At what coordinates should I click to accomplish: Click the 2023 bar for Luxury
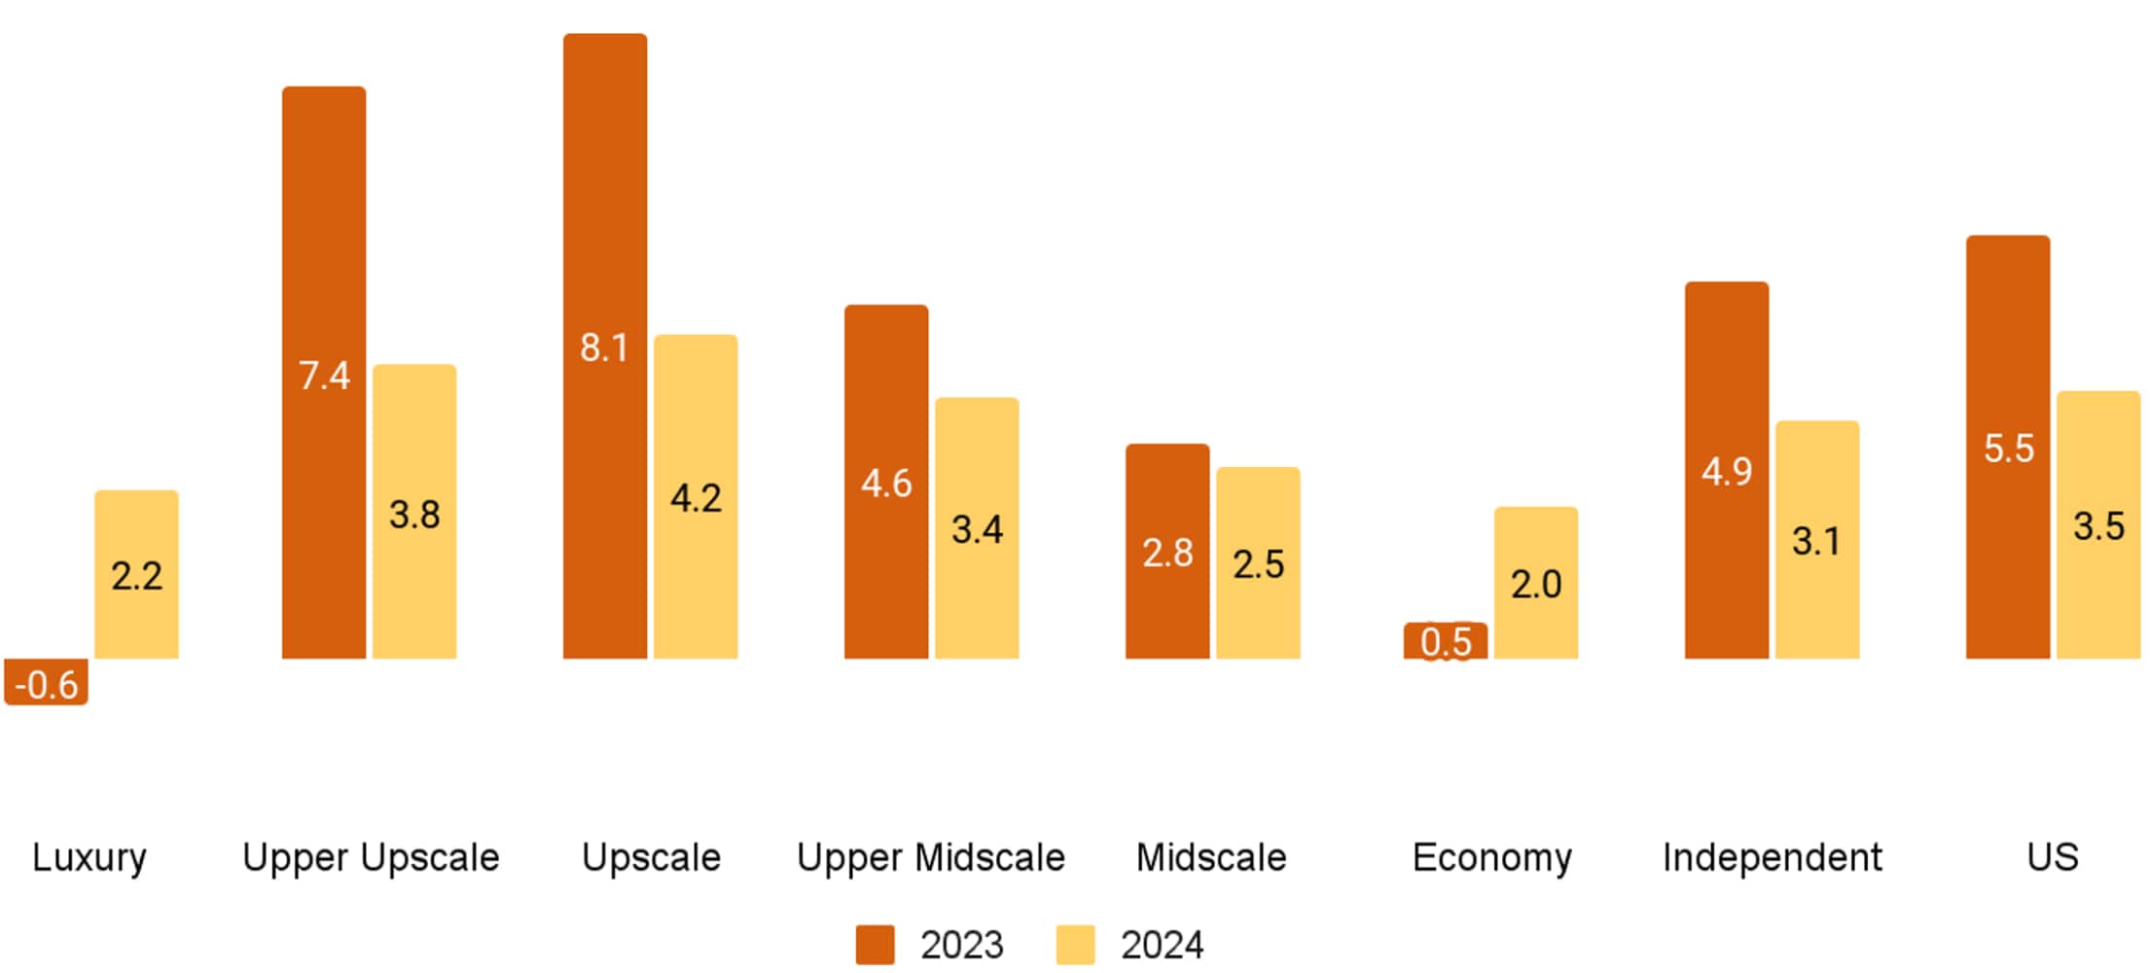(46, 681)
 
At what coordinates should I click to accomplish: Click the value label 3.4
(977, 530)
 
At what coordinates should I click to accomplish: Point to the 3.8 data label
(414, 515)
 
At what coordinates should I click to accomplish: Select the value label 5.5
(2009, 449)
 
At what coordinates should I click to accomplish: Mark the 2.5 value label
(1258, 564)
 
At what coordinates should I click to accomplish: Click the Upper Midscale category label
(931, 857)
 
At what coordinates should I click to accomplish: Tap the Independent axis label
(1772, 857)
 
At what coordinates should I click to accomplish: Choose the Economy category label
(1491, 857)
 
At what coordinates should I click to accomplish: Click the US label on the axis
(2053, 857)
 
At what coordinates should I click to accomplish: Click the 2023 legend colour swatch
(875, 945)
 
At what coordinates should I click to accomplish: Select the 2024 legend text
(1162, 945)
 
